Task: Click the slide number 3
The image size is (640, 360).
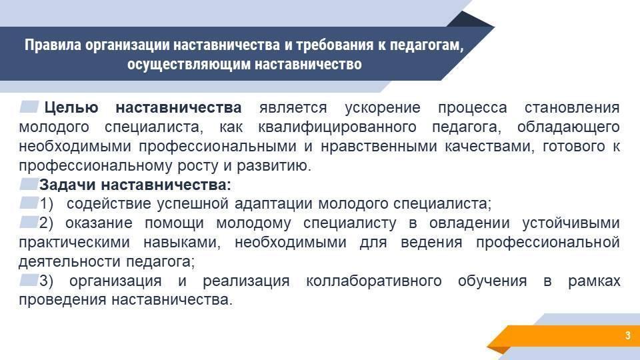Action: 627,335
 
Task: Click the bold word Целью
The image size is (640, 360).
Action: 71,108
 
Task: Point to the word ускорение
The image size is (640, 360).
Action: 383,108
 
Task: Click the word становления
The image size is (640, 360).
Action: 572,108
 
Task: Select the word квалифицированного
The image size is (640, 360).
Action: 337,127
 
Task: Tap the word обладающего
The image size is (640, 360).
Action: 568,127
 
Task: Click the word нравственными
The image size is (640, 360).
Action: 379,146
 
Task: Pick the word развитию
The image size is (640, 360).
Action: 274,166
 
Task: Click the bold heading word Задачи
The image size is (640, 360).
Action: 67,185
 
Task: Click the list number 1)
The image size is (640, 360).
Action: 46,204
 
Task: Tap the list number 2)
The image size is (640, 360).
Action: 46,223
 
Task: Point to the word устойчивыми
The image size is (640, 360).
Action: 571,223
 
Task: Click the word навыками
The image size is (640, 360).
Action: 181,243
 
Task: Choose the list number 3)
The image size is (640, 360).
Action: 46,281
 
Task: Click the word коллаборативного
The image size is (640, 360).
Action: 373,281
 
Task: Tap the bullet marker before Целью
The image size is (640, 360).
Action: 29,107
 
